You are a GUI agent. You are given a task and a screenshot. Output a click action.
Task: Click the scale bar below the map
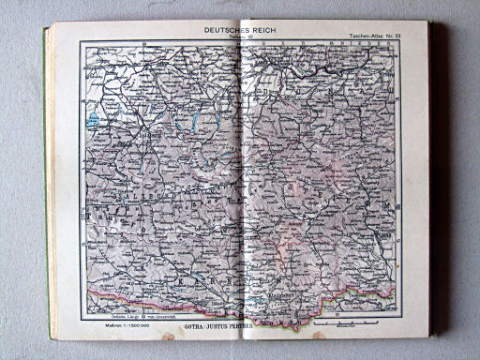[x=334, y=324]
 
